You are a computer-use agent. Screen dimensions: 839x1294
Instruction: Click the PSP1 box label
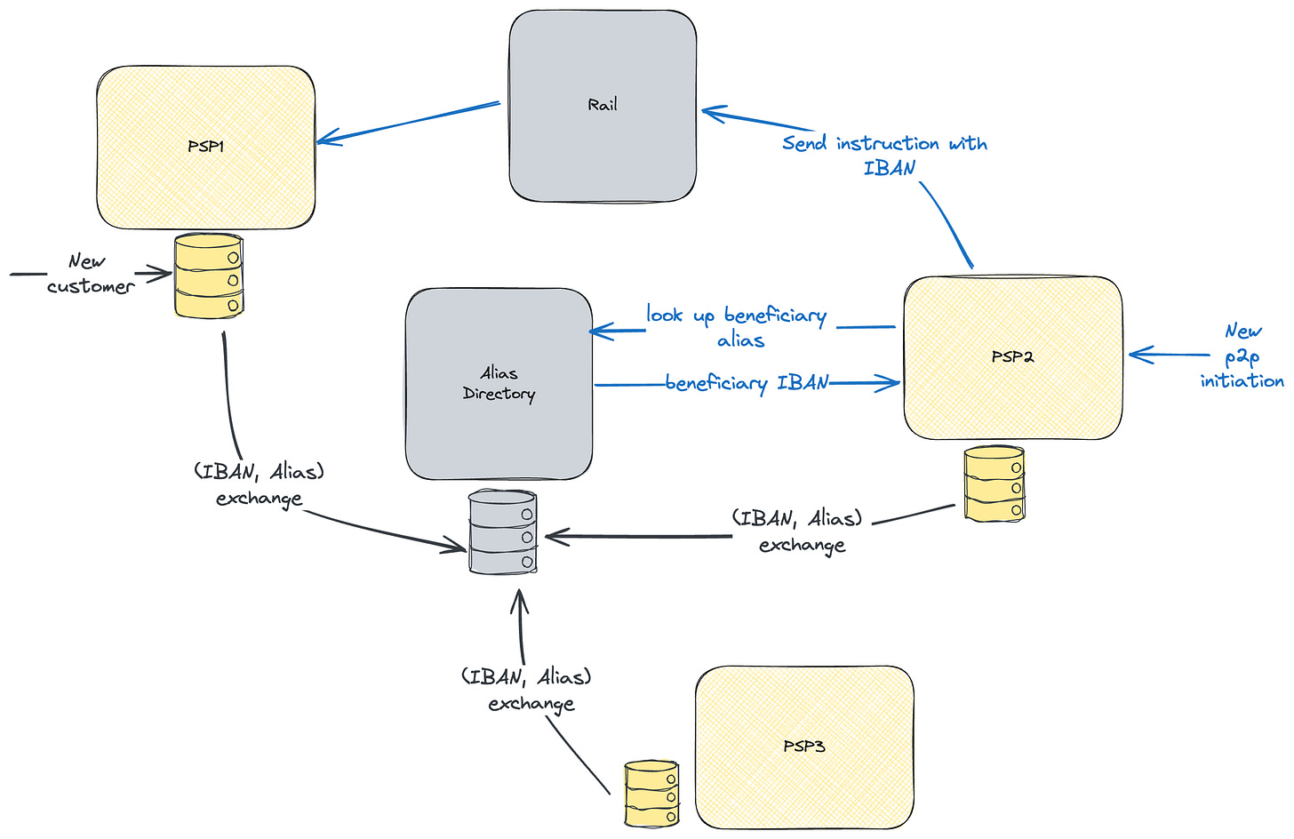coord(205,147)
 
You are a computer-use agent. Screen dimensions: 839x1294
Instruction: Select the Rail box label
coord(602,105)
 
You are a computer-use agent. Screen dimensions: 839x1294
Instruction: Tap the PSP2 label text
coord(1012,356)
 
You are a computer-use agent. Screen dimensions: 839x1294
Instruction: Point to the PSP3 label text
coord(803,747)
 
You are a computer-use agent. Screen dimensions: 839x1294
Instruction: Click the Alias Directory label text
coord(499,383)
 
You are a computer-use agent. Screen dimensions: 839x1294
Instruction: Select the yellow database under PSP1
coord(209,276)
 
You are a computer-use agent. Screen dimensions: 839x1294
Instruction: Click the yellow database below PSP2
coord(994,484)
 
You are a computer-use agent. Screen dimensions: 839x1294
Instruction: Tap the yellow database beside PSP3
coord(651,793)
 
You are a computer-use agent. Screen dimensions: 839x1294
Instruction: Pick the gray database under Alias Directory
coord(502,533)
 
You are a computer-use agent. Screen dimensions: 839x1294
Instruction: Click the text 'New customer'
coord(89,274)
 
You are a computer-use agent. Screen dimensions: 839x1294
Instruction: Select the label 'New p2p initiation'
coord(1242,356)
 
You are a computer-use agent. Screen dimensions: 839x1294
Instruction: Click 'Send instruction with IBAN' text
coord(884,155)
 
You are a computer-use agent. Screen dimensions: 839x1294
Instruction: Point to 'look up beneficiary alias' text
coord(737,326)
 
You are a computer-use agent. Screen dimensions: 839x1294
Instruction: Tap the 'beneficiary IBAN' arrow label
coord(747,383)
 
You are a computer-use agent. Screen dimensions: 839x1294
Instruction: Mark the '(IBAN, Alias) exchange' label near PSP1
coord(259,483)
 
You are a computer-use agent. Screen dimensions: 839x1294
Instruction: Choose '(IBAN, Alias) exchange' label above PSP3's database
coord(527,690)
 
